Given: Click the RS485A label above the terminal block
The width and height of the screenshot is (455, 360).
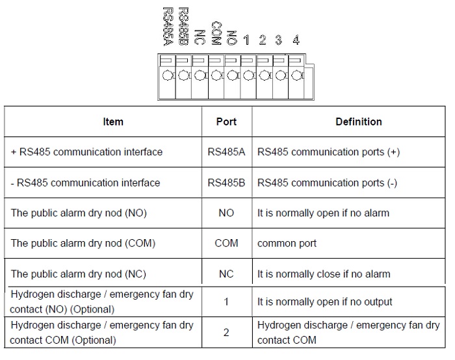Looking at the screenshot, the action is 168,27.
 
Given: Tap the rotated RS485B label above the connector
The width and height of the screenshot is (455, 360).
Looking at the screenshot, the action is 183,27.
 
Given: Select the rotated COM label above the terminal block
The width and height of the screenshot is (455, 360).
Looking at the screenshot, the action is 216,33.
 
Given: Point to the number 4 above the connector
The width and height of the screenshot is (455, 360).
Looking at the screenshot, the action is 296,40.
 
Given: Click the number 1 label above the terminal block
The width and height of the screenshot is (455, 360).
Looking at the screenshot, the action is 246,40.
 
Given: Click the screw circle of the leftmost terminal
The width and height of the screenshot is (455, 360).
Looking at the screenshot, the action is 167,76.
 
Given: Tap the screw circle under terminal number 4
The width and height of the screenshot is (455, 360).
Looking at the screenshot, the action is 296,76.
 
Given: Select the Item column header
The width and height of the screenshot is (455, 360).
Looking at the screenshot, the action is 113,122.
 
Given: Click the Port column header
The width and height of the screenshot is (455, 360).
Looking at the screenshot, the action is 226,122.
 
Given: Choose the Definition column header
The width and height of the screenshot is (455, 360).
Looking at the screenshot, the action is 359,122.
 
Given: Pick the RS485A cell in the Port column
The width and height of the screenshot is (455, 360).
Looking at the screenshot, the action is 226,152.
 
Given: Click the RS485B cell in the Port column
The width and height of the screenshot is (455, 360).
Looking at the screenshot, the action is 226,183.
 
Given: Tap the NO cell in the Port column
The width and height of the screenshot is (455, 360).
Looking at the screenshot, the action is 226,213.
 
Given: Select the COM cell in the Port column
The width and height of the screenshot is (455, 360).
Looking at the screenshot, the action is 226,243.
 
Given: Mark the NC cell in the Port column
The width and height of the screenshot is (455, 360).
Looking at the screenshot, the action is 226,274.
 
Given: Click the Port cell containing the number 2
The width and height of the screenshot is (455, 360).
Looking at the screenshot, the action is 226,333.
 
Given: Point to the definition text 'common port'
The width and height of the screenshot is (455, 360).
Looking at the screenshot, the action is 287,244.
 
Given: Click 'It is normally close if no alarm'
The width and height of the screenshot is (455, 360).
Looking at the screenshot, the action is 324,274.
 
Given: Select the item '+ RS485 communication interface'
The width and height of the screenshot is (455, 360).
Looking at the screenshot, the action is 86,152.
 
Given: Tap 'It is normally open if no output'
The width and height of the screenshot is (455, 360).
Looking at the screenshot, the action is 325,302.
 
